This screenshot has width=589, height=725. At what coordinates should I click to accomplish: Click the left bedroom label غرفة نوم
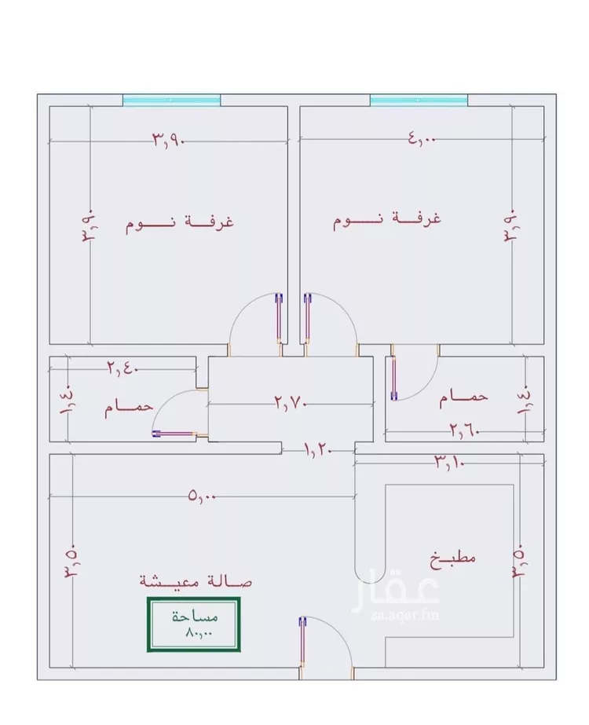[x=179, y=223]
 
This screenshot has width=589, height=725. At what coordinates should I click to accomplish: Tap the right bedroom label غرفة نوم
[x=387, y=219]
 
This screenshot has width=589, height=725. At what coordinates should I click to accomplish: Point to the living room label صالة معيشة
[x=196, y=580]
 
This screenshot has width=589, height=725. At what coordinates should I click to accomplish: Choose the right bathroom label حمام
[x=463, y=398]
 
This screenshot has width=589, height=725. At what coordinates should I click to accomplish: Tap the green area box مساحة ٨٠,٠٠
[x=194, y=624]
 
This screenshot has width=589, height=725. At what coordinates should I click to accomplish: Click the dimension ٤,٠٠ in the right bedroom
[x=422, y=138]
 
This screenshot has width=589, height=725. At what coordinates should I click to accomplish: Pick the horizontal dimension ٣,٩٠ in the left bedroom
[x=169, y=139]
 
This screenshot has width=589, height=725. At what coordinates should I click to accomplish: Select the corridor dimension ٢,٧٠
[x=291, y=402]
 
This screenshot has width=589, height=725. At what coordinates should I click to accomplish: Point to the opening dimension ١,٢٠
[x=318, y=449]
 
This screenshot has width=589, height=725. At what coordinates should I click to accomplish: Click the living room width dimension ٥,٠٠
[x=202, y=496]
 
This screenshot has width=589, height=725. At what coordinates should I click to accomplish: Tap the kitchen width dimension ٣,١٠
[x=448, y=462]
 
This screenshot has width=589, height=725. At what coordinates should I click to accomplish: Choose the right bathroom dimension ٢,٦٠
[x=465, y=431]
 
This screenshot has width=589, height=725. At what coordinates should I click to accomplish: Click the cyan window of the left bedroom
[x=171, y=100]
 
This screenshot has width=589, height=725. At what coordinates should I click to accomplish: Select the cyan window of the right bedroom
[x=419, y=100]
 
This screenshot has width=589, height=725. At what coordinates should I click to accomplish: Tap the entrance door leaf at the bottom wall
[x=302, y=642]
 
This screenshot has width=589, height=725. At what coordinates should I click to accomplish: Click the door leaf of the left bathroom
[x=174, y=434]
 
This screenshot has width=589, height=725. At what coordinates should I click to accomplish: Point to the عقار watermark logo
[x=396, y=593]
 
